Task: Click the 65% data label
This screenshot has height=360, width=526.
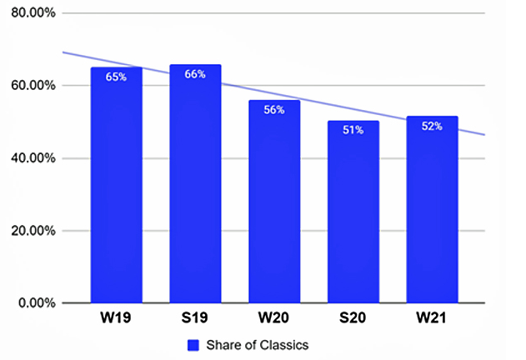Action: click(x=116, y=77)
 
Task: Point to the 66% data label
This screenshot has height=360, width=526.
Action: click(x=195, y=74)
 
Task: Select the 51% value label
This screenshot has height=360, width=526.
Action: click(x=353, y=131)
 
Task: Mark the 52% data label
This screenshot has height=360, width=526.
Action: click(x=432, y=127)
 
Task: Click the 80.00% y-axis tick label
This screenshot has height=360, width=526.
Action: click(x=30, y=13)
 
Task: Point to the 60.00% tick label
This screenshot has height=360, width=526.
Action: click(x=30, y=86)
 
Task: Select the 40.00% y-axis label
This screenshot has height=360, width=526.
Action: click(x=30, y=158)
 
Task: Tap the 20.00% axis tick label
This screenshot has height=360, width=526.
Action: click(x=30, y=231)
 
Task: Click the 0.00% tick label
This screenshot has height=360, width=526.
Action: click(x=33, y=302)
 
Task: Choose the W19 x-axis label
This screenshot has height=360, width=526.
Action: click(x=116, y=319)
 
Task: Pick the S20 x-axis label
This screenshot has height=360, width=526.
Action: click(x=353, y=319)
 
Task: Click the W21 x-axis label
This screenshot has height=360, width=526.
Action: click(x=432, y=319)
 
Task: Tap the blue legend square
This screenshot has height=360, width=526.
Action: click(x=192, y=344)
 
